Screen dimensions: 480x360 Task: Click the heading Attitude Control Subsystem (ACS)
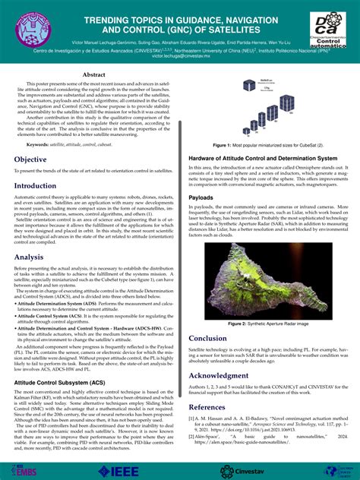[x=60, y=384]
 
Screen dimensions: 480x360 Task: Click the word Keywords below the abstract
[x=39, y=144]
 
